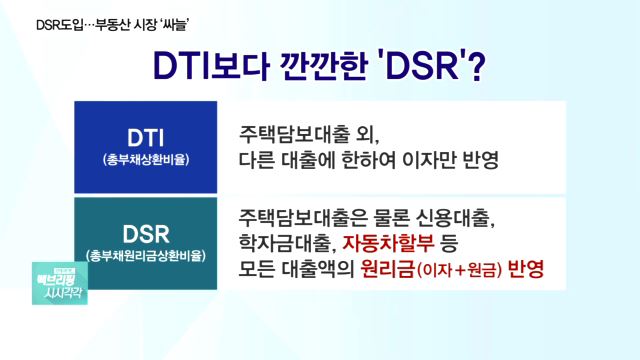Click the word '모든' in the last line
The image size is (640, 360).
258,270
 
